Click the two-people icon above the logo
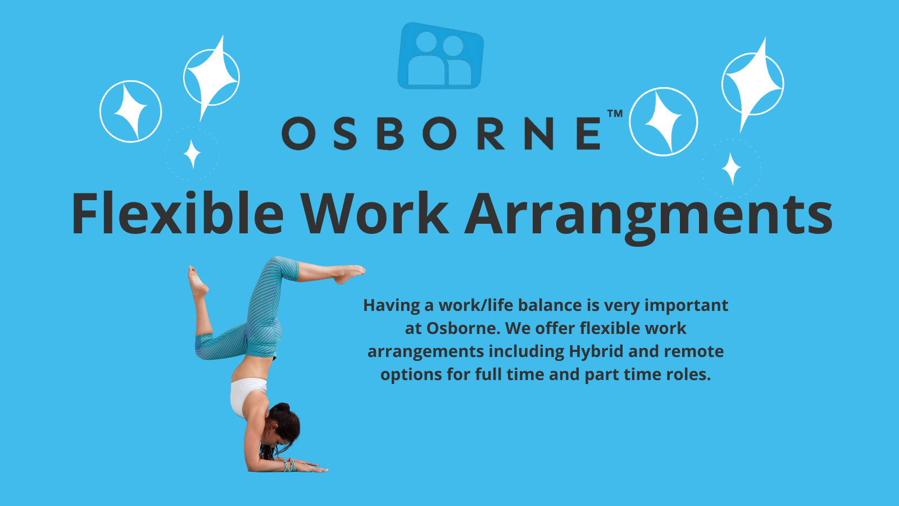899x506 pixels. click(x=441, y=56)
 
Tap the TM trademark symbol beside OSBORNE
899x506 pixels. click(x=615, y=114)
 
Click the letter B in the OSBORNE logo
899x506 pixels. click(x=390, y=133)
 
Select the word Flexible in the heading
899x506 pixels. click(x=178, y=213)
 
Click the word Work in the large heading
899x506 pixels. click(x=375, y=213)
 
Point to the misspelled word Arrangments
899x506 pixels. click(x=648, y=218)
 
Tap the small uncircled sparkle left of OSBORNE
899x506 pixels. click(x=192, y=154)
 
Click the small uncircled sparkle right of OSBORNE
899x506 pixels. click(x=731, y=169)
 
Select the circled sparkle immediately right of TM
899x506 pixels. click(x=664, y=121)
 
